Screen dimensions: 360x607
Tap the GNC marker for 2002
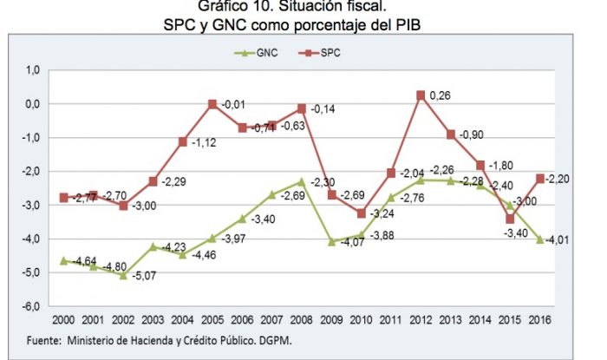coord(124,275)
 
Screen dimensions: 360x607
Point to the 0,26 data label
coord(441,95)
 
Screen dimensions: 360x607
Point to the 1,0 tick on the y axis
coord(32,69)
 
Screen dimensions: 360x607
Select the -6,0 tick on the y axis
coord(32,306)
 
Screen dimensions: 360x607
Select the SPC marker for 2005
coord(212,104)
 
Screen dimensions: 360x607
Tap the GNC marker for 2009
coord(331,241)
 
